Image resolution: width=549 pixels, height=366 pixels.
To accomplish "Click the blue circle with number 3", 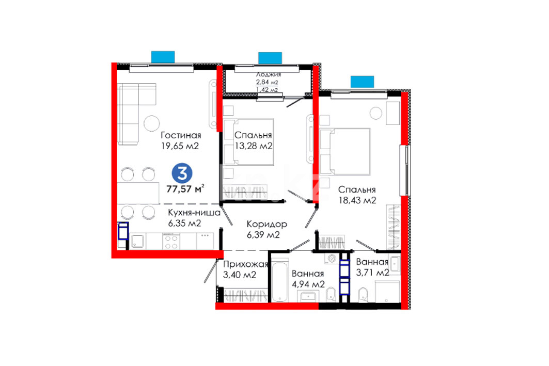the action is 182,173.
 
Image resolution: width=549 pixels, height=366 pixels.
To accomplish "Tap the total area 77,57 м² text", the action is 185,188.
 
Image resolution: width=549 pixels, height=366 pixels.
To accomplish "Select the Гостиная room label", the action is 181,135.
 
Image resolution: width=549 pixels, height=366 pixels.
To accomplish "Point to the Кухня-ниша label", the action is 194,213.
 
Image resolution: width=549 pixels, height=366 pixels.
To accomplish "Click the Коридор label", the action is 267,224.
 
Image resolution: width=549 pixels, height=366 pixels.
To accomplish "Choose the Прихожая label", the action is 245,264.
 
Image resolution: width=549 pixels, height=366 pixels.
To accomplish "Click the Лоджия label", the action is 269,74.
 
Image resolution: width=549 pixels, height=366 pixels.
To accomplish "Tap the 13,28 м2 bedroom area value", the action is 254,146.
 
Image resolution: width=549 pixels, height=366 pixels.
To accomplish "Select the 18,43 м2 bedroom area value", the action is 357,200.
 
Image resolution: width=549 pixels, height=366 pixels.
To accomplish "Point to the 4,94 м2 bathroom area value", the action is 308,284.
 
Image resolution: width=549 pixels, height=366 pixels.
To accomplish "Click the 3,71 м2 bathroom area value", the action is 372,272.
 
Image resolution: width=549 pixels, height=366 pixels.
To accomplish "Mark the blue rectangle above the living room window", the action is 163,57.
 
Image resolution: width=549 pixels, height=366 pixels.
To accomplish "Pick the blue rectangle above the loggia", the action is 270,58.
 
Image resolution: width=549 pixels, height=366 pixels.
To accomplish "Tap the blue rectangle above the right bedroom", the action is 363,82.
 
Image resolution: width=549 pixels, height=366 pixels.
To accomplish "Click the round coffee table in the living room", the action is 152,123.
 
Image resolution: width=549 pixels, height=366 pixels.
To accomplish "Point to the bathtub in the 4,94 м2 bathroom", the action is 280,280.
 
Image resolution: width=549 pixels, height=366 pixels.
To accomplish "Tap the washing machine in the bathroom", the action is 332,259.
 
